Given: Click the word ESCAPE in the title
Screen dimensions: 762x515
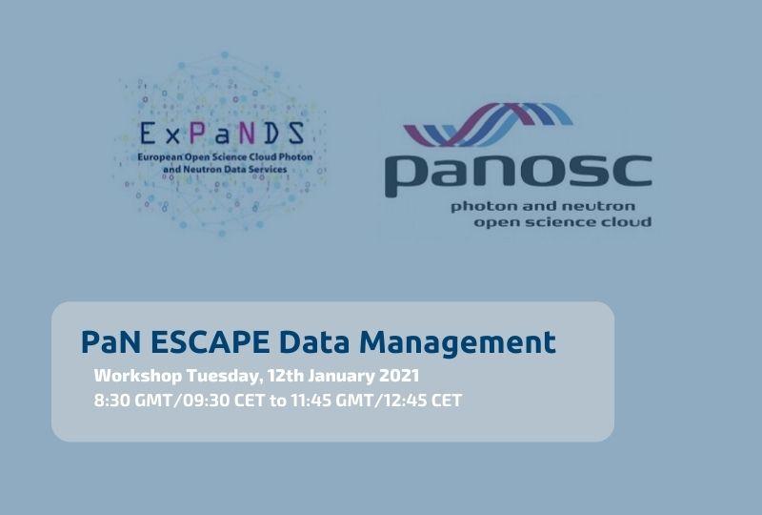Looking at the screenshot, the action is pyautogui.click(x=210, y=341).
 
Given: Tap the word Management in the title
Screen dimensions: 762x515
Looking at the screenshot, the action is pyautogui.click(x=457, y=343).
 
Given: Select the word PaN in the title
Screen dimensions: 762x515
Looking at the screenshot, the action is pyautogui.click(x=111, y=341).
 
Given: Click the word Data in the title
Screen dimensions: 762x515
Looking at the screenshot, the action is pyautogui.click(x=314, y=341).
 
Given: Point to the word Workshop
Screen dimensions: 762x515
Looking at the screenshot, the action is pyautogui.click(x=138, y=376).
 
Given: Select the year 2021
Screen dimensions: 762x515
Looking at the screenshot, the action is pyautogui.click(x=399, y=376).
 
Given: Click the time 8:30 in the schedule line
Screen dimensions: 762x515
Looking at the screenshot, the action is pyautogui.click(x=111, y=401).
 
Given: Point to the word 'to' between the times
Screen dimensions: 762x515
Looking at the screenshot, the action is pyautogui.click(x=277, y=401).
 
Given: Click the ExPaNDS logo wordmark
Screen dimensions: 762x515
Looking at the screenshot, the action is pyautogui.click(x=222, y=134).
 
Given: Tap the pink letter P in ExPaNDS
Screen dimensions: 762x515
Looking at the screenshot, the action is pyautogui.click(x=197, y=133).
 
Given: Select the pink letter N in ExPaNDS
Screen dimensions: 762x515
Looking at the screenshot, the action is pyautogui.click(x=247, y=134).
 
